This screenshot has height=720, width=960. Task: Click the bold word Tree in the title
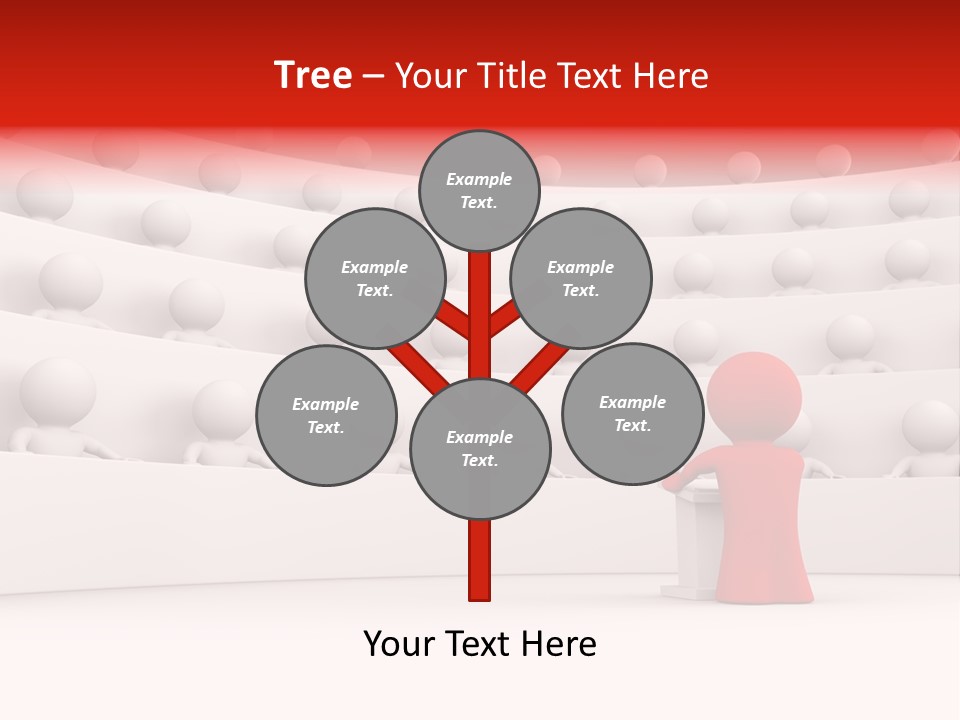(313, 76)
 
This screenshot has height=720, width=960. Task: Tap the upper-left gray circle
(374, 278)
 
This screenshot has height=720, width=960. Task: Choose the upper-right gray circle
(581, 278)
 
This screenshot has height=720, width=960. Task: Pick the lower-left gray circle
(326, 415)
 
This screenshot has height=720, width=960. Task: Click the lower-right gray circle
(632, 413)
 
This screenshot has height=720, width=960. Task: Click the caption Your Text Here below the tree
(480, 644)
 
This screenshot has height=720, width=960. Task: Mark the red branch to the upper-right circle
(504, 319)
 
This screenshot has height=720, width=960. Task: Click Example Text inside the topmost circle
(479, 190)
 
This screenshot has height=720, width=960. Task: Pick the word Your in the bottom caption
(399, 644)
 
